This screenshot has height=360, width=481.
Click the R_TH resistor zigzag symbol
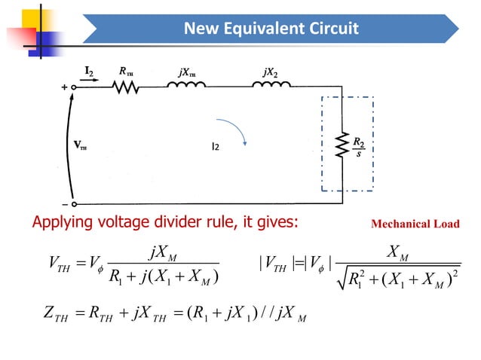tap(127, 87)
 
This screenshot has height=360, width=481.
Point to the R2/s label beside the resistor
tap(360, 145)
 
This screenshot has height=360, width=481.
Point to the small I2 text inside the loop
tap(216, 146)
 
